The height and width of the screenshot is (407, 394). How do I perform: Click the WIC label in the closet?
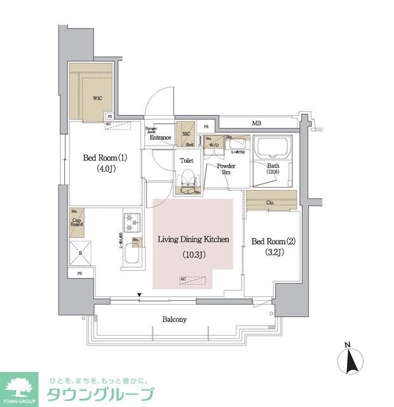89,99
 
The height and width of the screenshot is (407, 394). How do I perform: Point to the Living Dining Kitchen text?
193,239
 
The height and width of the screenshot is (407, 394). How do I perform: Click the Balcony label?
173,320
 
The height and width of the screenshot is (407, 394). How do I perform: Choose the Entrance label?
160,137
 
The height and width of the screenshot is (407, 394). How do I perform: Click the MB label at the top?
256,123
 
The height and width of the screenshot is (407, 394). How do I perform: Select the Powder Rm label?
226,170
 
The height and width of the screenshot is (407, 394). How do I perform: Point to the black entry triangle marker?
139,294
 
